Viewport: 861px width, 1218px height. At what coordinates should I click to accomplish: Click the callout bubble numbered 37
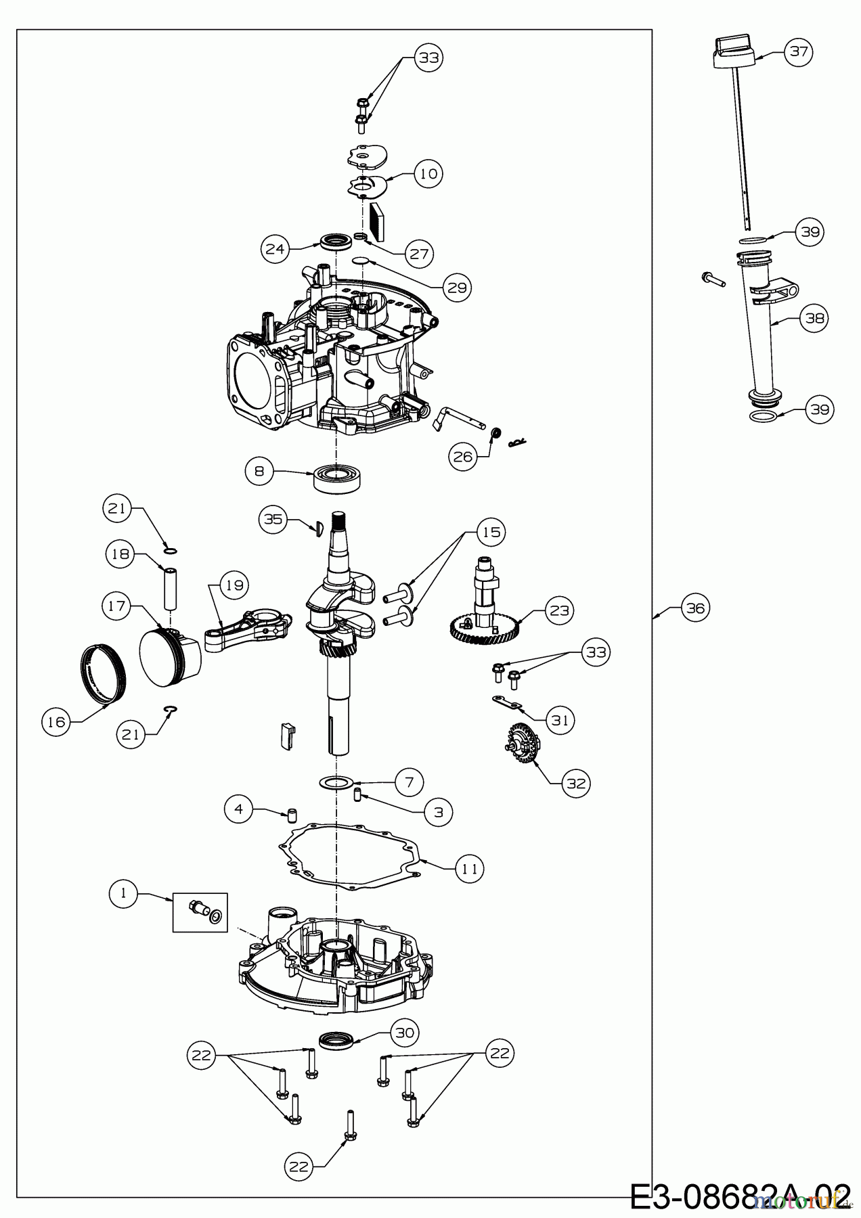click(799, 51)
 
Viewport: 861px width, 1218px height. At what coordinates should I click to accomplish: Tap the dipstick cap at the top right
click(734, 52)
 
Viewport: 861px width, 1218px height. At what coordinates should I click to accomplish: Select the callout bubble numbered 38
click(814, 317)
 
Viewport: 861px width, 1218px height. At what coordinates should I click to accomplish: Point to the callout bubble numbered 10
click(428, 173)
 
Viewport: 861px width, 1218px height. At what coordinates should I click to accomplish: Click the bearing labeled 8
click(337, 478)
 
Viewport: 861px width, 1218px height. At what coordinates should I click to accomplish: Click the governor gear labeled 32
click(522, 744)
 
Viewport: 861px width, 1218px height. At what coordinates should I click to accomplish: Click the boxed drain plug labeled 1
click(200, 912)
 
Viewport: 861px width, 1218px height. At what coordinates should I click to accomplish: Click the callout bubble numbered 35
click(273, 520)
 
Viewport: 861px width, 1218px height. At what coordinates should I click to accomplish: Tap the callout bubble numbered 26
click(464, 457)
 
